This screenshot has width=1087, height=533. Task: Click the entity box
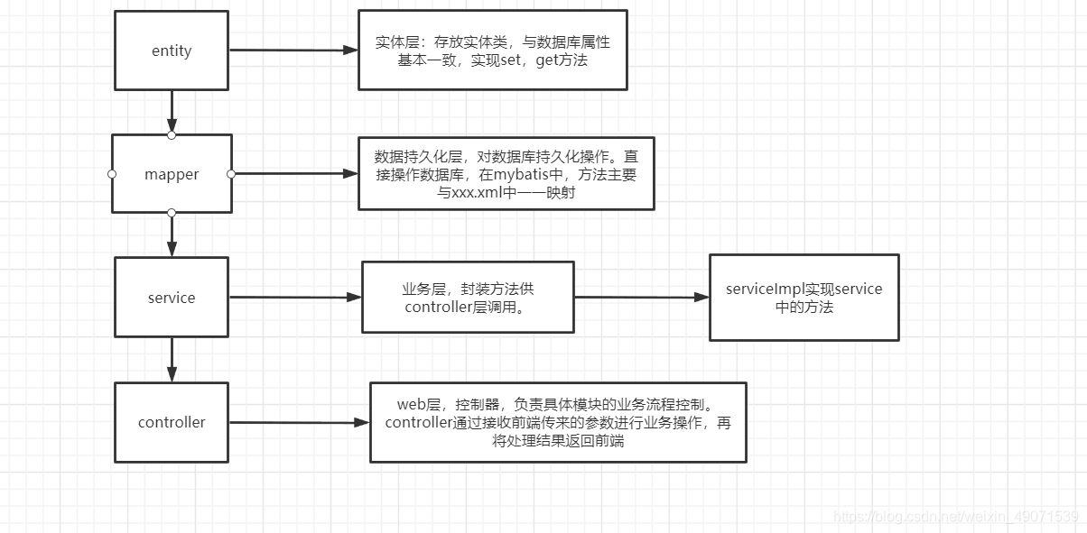172,51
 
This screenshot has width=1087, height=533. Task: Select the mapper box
172,174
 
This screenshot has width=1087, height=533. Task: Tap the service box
172,298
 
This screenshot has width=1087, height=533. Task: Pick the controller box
172,422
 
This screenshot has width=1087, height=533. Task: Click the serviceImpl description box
804,298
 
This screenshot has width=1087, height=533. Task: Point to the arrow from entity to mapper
172,112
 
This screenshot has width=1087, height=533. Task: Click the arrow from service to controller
172,360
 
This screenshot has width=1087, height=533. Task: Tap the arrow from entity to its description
293,51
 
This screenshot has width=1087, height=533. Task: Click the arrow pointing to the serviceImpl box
641,297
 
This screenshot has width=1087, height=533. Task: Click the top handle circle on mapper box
172,135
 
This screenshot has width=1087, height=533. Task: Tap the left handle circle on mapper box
112,173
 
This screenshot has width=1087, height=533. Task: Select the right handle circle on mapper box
231,173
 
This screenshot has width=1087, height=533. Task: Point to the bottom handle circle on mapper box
172,213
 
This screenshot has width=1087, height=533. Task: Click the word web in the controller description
411,405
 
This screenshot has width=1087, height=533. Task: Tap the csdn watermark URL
956,517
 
